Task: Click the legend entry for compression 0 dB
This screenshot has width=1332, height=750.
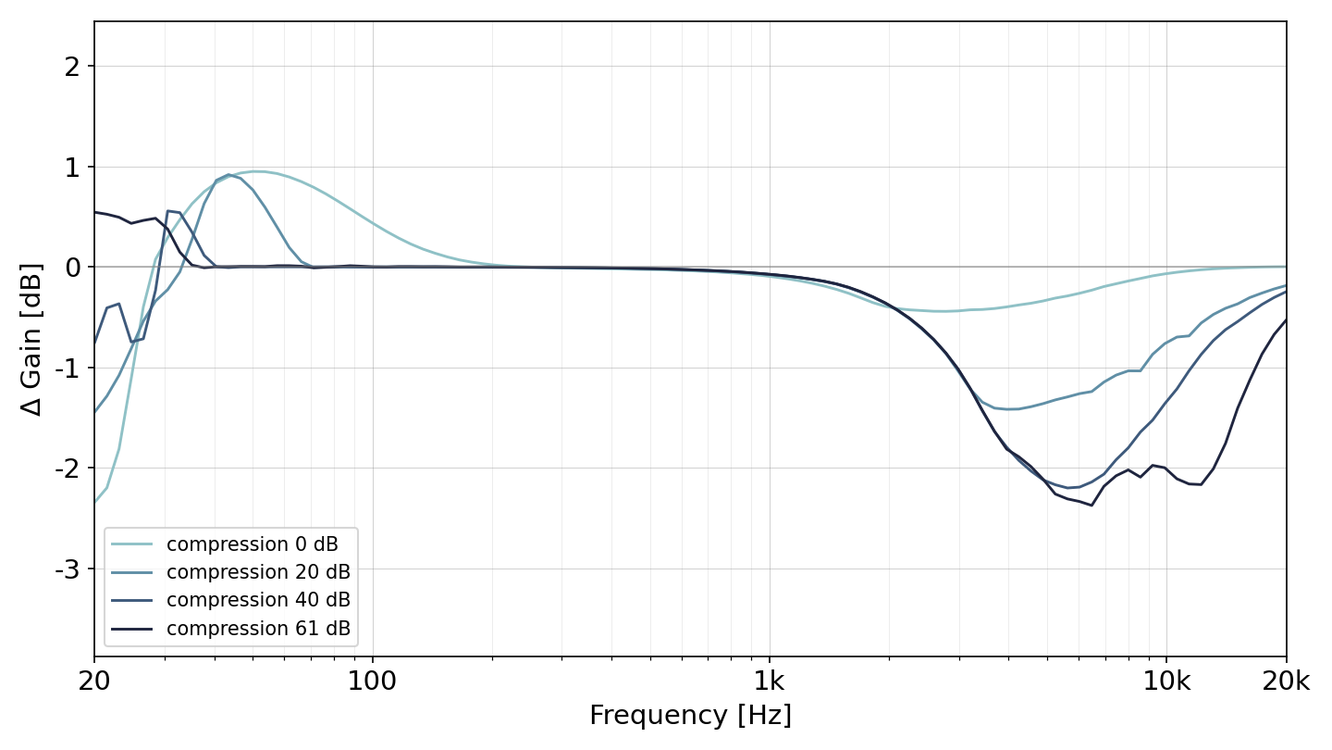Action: coord(253,544)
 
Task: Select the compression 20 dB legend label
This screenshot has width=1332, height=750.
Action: coord(258,572)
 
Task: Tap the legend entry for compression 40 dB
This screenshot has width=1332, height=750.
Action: coord(258,600)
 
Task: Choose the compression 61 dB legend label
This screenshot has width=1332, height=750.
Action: coord(258,629)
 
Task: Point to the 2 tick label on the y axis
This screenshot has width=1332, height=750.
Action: coord(72,67)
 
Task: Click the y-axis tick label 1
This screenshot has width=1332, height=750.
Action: coord(72,168)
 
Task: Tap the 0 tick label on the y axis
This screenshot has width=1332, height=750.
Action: coord(72,268)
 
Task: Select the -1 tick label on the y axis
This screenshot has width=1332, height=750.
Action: coord(68,369)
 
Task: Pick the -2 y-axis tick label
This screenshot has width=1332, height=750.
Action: coord(68,469)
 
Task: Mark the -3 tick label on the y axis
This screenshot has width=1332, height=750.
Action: coord(68,569)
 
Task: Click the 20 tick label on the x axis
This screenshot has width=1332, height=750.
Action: coord(94,681)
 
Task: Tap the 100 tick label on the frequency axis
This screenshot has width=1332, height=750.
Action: coord(372,681)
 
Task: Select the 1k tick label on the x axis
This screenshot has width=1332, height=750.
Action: coord(770,681)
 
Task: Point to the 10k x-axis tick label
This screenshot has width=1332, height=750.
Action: coord(1166,681)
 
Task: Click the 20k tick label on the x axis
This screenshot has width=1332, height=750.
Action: coord(1286,681)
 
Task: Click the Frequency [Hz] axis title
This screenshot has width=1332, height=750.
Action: coord(690,716)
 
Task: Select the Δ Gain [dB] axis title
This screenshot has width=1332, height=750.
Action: coord(31,339)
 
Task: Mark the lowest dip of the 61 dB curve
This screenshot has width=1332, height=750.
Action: coord(1091,506)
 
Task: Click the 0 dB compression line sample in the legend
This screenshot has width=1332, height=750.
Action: coord(131,544)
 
